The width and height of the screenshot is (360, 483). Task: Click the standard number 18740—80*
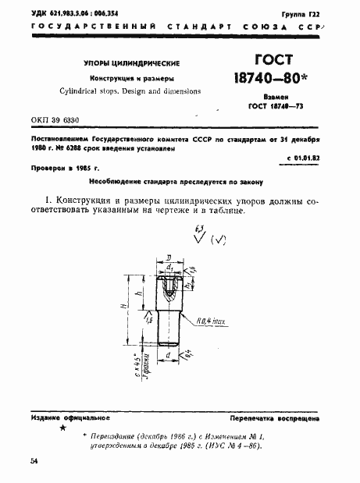pos(271,79)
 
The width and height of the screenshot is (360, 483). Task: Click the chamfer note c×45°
pos(135,364)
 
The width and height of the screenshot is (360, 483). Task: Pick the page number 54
pos(34,461)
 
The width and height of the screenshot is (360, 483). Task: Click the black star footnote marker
pos(63,428)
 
